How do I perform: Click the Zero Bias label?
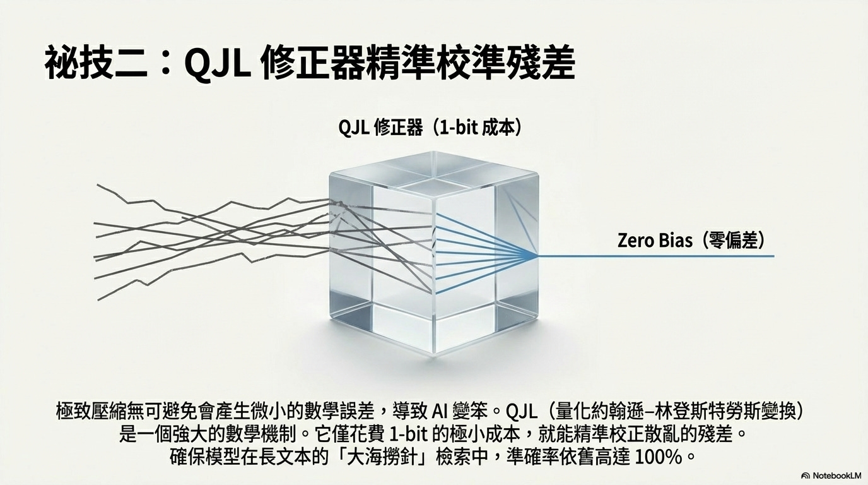(655, 241)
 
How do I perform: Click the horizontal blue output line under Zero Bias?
(656, 256)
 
